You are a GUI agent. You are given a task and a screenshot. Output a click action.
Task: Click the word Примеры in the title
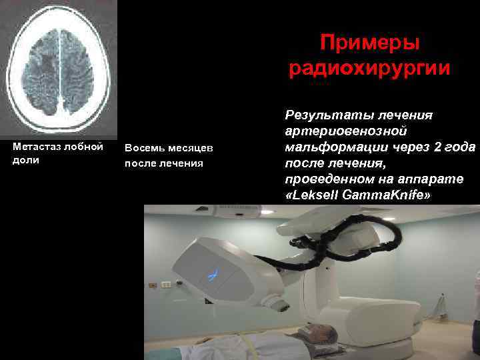[x=369, y=43]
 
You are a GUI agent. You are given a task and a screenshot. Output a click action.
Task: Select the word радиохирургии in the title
[x=369, y=69]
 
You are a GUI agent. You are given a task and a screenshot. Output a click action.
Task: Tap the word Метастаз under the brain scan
[x=36, y=147]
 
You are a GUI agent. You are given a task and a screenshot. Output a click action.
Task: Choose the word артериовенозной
[x=345, y=131]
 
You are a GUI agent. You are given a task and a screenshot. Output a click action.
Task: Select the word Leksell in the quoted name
[x=317, y=195]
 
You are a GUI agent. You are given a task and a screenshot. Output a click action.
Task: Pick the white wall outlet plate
[x=166, y=285]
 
